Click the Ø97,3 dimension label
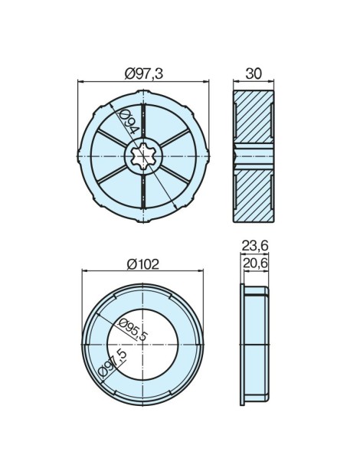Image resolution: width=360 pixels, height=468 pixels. (144, 73)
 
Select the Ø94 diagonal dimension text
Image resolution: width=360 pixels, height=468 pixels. (128, 123)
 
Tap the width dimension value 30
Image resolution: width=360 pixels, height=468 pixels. (254, 73)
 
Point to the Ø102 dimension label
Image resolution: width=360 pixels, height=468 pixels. (142, 263)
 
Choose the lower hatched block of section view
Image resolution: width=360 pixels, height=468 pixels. (254, 195)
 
